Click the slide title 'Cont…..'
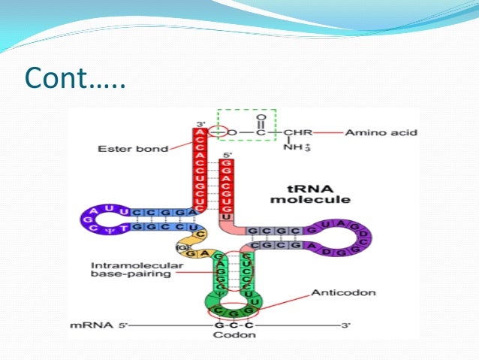74,77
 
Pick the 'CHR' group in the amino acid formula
297,133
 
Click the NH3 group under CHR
294,148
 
